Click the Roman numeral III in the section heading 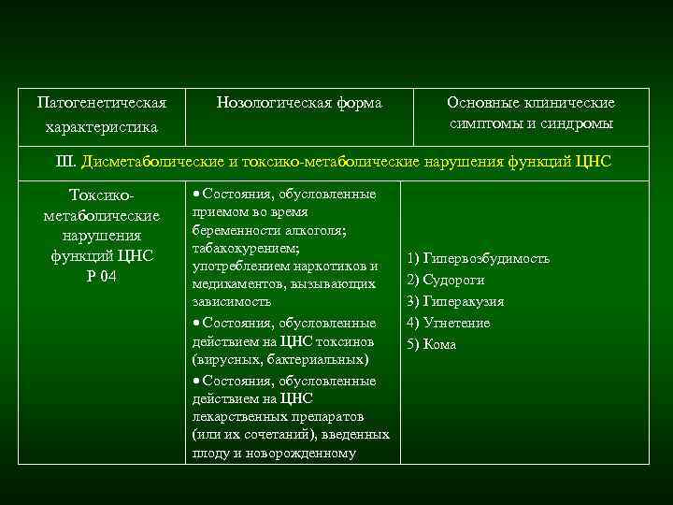click(67, 161)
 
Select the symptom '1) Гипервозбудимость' click(477, 258)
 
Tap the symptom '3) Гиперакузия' click(454, 301)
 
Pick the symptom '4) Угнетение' click(448, 323)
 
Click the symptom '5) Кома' click(431, 343)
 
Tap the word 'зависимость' click(231, 302)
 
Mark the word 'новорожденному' click(303, 454)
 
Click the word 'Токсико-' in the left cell click(102, 195)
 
